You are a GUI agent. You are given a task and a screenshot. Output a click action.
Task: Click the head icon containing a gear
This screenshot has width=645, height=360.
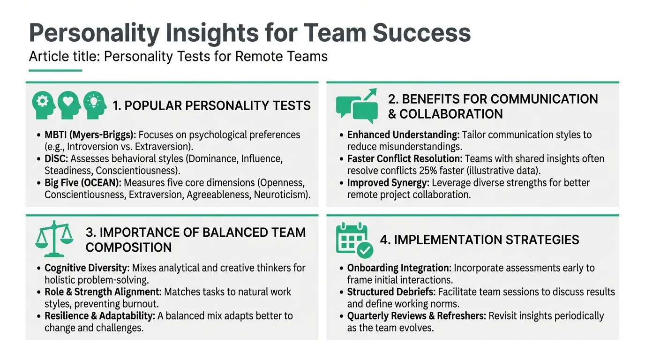pyautogui.click(x=43, y=105)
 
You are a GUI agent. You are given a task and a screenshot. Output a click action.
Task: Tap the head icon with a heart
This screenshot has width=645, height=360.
pyautogui.click(x=69, y=105)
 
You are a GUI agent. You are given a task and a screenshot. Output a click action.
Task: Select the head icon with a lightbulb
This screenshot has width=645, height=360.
pyautogui.click(x=95, y=105)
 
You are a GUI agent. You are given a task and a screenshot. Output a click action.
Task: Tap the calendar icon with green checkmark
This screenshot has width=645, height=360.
pyautogui.click(x=354, y=240)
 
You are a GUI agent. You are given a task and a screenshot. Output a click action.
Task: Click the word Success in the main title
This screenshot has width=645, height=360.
pyautogui.click(x=421, y=33)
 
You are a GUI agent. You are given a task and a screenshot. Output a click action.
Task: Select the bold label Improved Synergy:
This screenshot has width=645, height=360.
pyautogui.click(x=388, y=183)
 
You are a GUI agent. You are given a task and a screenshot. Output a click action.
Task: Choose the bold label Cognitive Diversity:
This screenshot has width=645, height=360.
pyautogui.click(x=87, y=268)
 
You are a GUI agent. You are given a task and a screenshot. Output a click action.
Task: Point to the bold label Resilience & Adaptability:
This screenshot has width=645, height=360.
pyautogui.click(x=99, y=316)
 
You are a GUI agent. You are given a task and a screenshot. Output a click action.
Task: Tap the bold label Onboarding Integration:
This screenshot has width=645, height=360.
pyautogui.click(x=399, y=268)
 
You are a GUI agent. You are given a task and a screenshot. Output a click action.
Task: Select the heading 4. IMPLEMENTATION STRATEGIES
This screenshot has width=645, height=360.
pyautogui.click(x=480, y=240)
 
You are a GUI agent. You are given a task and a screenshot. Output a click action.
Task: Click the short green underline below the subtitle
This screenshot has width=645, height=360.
pyautogui.click(x=55, y=71)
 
